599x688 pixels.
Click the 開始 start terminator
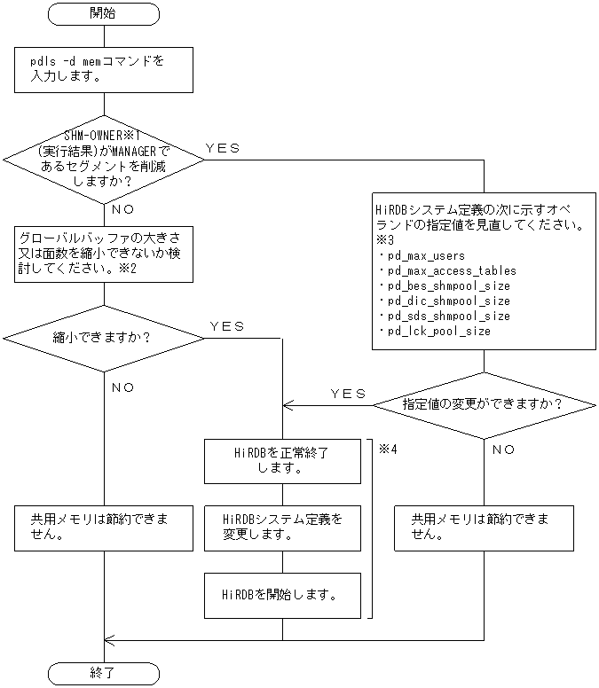[x=104, y=14]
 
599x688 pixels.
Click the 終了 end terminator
[x=104, y=673]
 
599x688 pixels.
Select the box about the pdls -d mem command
[x=104, y=69]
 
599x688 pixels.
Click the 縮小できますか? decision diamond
[x=104, y=337]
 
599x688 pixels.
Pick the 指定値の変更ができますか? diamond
[x=485, y=404]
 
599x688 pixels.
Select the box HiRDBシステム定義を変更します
[x=282, y=528]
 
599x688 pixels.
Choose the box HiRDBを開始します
[x=282, y=595]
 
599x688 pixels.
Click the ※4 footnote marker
[x=388, y=449]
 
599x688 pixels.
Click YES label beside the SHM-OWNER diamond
[x=222, y=148]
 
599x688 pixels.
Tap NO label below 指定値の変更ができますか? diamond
[x=503, y=450]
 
